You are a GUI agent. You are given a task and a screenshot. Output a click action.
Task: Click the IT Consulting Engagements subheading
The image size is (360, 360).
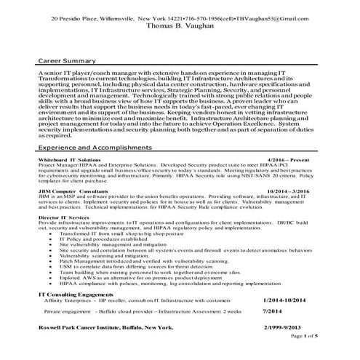[84, 313]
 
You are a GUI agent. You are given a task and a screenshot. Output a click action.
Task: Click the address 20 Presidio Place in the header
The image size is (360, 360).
[76, 15]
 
